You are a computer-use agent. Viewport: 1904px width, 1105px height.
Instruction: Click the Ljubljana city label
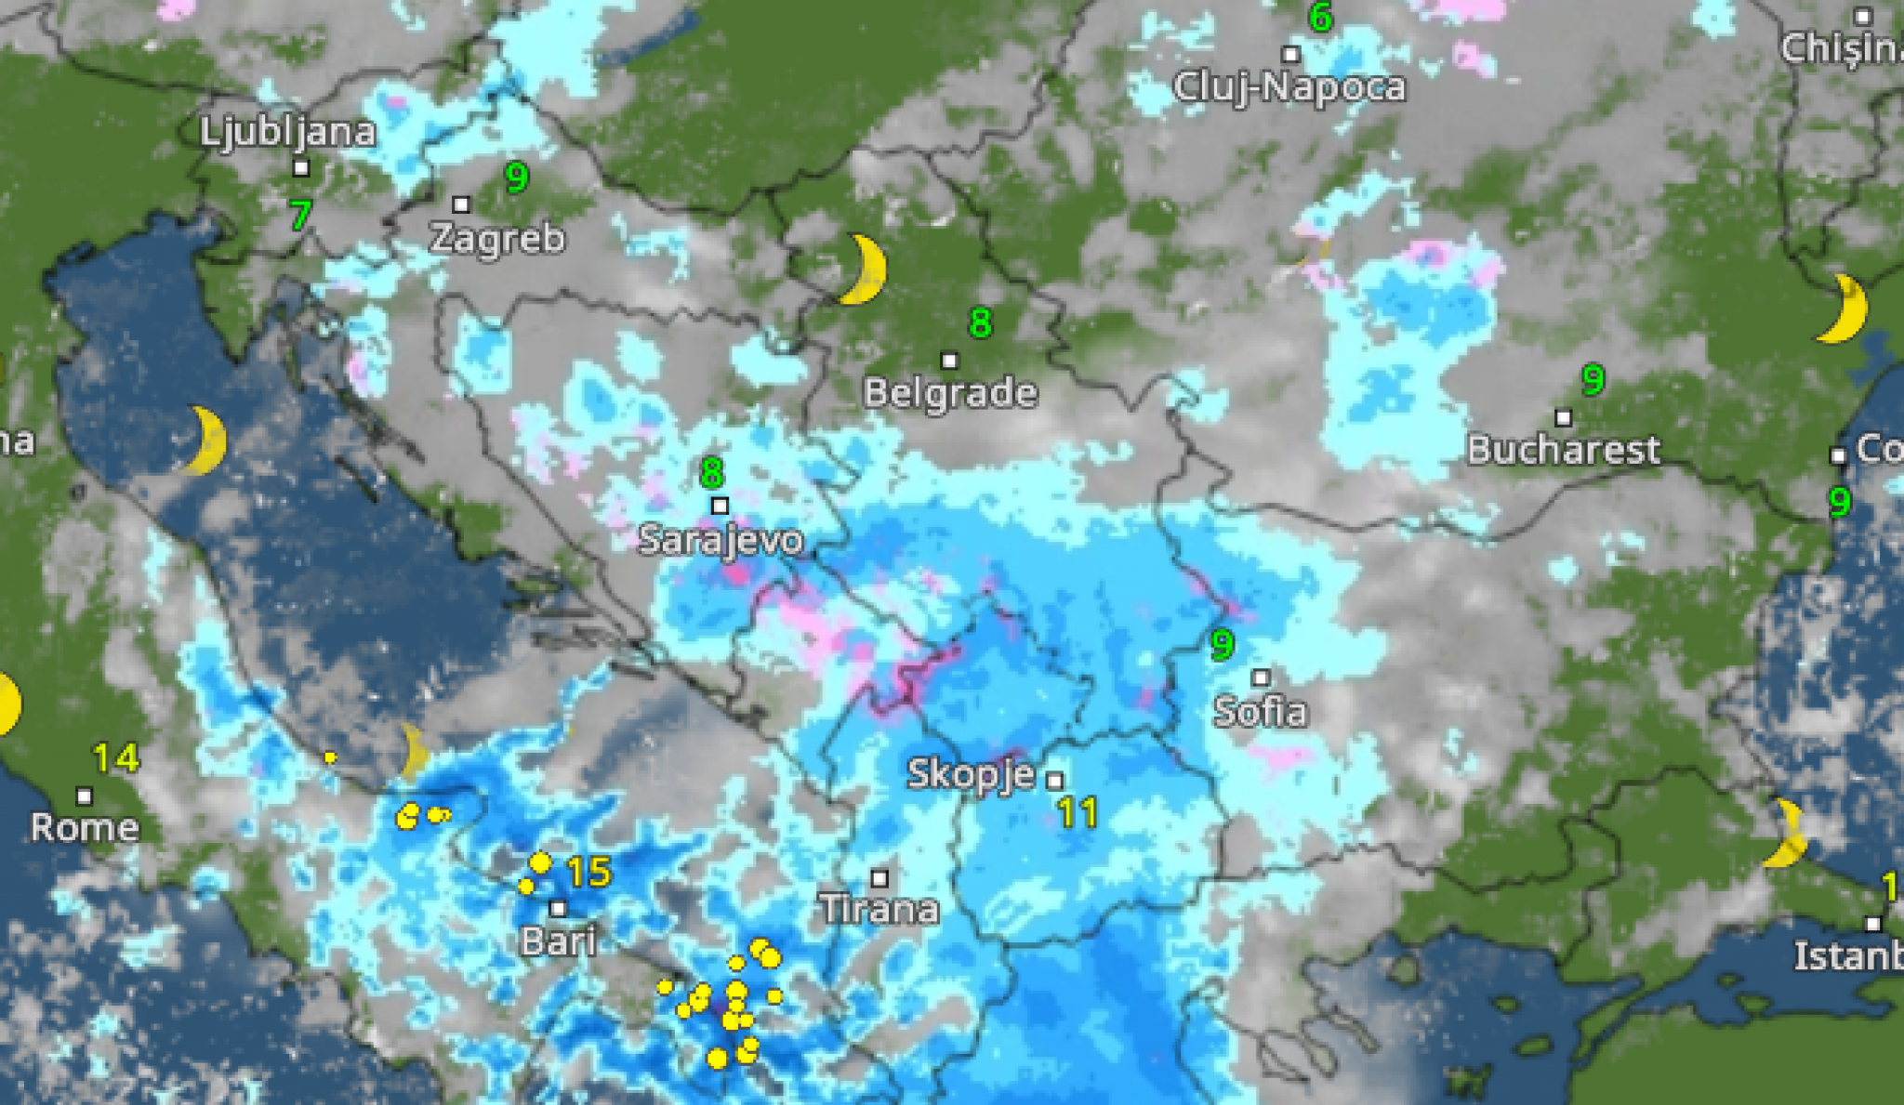288,133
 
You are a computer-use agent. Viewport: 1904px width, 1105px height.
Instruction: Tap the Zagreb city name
497,239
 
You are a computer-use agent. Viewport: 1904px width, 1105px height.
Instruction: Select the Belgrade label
950,393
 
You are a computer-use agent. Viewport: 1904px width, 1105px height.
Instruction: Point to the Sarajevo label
721,540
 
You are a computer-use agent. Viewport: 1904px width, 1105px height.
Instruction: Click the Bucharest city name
1564,451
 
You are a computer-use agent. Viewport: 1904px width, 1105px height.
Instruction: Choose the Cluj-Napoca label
1289,87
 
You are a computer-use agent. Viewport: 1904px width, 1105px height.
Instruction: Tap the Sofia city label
1261,712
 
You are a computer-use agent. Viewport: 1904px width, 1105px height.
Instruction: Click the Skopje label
971,774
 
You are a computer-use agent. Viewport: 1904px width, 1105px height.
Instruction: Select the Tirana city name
879,908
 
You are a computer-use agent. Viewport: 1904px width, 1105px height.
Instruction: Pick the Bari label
558,941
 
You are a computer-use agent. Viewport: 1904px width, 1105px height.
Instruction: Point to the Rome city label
85,827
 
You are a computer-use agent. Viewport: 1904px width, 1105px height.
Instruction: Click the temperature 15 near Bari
588,872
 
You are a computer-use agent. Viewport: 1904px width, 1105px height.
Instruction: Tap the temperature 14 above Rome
116,758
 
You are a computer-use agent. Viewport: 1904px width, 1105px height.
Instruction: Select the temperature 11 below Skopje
1078,814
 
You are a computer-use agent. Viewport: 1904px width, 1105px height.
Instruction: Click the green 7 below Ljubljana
299,216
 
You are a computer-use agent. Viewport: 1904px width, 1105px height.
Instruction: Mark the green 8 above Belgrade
980,323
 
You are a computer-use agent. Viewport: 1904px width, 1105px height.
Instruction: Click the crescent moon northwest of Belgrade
865,270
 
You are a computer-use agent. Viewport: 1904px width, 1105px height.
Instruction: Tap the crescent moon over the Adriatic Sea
205,440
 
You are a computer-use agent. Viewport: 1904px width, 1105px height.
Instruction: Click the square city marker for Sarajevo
720,506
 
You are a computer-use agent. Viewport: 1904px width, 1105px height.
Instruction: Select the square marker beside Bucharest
1564,418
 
